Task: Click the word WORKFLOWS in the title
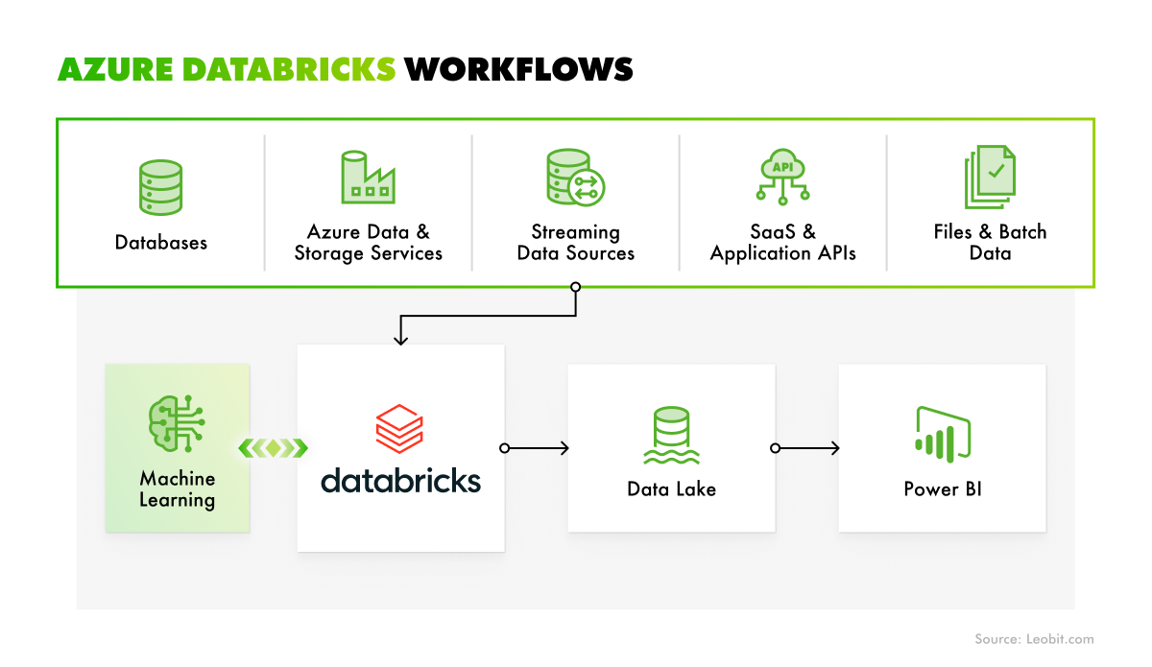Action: (x=518, y=69)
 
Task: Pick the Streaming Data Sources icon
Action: (x=574, y=178)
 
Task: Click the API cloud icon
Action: (x=782, y=177)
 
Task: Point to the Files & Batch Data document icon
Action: (x=989, y=177)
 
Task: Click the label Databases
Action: (x=160, y=243)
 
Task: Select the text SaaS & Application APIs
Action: (x=782, y=243)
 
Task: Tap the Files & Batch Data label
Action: (x=990, y=243)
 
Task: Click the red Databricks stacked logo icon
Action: (x=400, y=428)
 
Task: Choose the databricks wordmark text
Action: (x=400, y=479)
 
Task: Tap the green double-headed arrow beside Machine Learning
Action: (x=274, y=448)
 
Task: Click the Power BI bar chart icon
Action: (x=942, y=434)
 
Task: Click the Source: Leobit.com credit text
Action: (x=1034, y=639)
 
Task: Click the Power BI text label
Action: (x=942, y=489)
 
